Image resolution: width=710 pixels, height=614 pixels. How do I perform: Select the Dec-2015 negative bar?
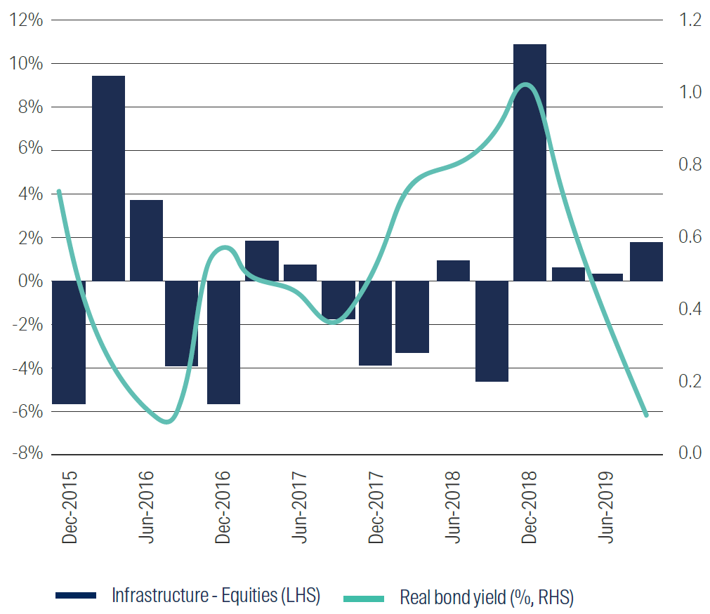[x=69, y=342]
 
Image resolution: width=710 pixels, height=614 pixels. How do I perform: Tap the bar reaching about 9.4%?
[x=108, y=178]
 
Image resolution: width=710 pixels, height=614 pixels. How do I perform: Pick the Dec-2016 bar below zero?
[x=223, y=342]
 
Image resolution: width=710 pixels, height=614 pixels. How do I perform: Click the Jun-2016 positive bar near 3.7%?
[x=146, y=241]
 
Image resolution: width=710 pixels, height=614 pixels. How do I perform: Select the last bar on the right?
[x=646, y=262]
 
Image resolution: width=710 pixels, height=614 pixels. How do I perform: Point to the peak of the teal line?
[x=528, y=86]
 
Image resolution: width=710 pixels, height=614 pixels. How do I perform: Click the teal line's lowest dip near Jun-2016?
[x=166, y=422]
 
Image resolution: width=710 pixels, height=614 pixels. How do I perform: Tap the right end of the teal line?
[x=646, y=415]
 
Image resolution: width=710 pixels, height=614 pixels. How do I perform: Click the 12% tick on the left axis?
[x=27, y=20]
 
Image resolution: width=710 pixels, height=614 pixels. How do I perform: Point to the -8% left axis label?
[x=27, y=453]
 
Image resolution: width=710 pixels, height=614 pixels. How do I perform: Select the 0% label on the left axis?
[x=30, y=281]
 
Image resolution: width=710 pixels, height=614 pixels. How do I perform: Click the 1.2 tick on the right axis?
[x=686, y=20]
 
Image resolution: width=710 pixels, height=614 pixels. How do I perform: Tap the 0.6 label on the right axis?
[x=686, y=236]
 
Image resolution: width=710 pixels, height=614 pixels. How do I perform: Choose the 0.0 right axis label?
[x=686, y=453]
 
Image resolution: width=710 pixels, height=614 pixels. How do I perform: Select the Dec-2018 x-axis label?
[x=530, y=505]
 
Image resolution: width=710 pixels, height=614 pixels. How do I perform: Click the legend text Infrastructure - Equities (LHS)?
[x=216, y=596]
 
